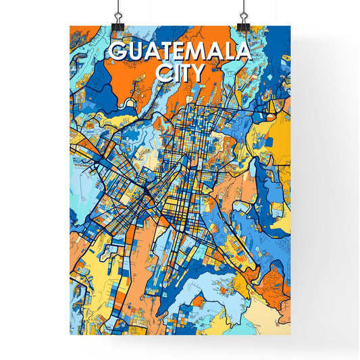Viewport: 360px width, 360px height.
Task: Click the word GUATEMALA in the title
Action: tap(179, 52)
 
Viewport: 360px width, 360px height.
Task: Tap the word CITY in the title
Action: tap(180, 72)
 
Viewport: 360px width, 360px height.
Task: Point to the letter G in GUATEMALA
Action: tap(117, 52)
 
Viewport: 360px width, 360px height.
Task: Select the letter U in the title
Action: tap(134, 52)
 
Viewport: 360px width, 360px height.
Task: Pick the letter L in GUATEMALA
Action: tap(228, 52)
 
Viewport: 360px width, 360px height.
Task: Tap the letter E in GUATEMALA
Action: tap(178, 52)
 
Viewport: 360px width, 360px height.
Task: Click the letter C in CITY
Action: tap(163, 72)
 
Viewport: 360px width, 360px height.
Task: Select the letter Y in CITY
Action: tap(197, 72)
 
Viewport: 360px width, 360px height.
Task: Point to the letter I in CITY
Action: tap(175, 72)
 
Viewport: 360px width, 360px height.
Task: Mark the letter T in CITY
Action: tap(184, 72)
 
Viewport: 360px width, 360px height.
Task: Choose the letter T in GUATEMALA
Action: tap(165, 52)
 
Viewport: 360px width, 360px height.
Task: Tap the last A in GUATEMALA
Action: tap(242, 52)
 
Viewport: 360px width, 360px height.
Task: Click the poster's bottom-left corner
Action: tap(70, 336)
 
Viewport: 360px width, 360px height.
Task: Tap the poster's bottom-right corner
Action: tap(290, 336)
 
